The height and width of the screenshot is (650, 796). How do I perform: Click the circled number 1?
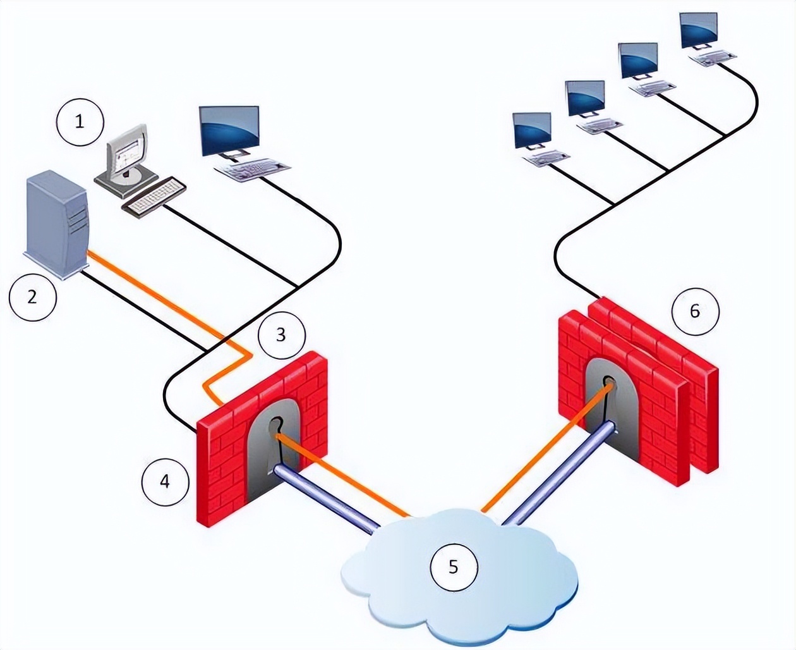80,121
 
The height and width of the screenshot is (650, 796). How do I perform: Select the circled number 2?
33,295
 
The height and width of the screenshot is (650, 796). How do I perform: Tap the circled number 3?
281,334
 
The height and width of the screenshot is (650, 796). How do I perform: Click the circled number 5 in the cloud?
453,567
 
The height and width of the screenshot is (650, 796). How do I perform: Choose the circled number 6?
695,310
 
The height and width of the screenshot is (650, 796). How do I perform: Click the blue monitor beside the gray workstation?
229,131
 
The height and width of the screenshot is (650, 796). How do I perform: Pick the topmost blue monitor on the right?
699,30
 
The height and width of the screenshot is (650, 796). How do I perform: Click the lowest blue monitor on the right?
532,131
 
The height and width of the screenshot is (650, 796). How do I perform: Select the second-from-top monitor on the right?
639,61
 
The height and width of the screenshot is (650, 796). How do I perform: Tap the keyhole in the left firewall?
276,426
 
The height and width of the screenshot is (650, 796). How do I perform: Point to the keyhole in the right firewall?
609,383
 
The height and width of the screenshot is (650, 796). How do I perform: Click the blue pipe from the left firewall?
329,497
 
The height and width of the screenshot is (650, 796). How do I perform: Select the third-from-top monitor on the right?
586,99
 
